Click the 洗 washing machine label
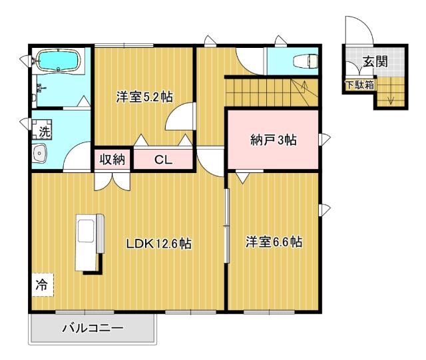tap(43, 132)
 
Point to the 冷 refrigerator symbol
tap(41, 285)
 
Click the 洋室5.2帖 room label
tap(144, 97)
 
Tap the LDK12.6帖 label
tap(159, 244)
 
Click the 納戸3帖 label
tap(273, 140)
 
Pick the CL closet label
tap(163, 159)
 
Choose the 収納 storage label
tap(112, 159)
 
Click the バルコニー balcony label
tap(93, 328)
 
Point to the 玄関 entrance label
tap(374, 63)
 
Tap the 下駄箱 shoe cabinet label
tap(359, 85)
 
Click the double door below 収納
tap(112, 180)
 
